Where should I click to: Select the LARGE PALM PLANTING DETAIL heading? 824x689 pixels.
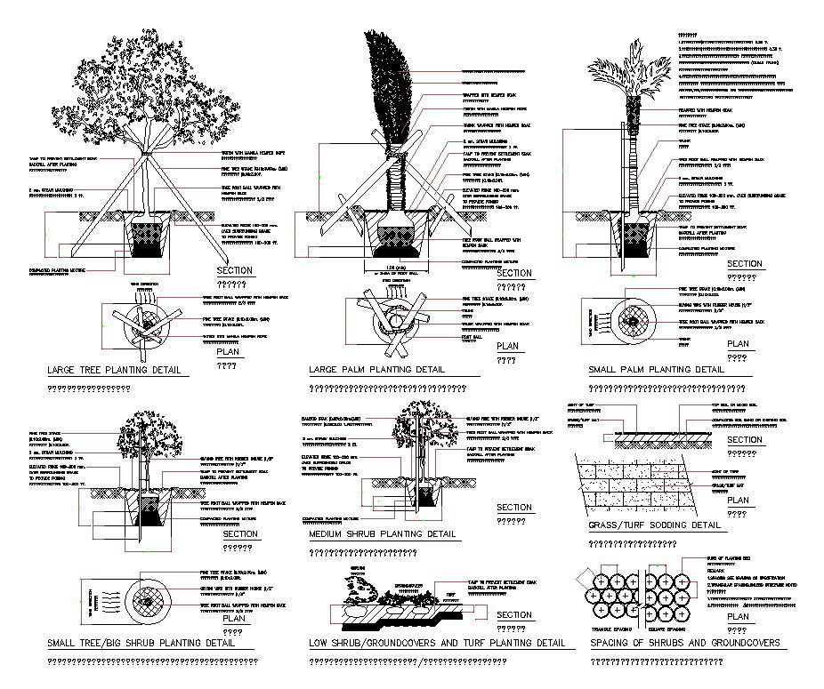376,369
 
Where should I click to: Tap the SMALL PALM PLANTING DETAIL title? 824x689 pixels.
656,369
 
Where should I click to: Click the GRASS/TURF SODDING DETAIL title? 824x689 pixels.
654,525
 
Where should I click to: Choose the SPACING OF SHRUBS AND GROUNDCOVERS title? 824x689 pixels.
679,642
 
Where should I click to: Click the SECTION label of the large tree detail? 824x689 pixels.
235,270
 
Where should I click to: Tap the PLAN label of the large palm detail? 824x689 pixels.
507,346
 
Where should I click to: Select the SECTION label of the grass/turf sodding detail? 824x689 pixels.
745,440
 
